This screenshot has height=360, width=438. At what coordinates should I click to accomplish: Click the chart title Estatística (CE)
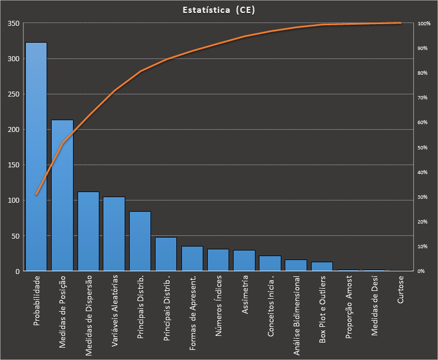coord(219,10)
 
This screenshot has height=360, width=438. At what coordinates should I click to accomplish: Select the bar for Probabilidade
coord(36,157)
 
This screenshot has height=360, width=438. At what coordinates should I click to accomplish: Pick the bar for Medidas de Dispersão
coord(88,231)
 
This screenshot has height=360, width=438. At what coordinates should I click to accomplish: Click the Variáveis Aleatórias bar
coord(114,234)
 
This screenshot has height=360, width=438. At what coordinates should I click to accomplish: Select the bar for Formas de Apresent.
coord(192,258)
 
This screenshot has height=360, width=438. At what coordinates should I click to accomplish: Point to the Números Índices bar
coord(218,260)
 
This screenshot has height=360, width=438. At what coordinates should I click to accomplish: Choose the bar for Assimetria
coord(244,261)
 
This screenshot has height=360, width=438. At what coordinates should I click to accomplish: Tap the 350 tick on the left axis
coord(13,24)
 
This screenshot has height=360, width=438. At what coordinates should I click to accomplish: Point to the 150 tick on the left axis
coord(13,165)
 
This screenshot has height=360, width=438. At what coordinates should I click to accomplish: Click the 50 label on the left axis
coord(15,236)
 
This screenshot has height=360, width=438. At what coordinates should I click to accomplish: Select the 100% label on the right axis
coord(423,24)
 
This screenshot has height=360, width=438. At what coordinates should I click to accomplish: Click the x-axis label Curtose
coord(400,290)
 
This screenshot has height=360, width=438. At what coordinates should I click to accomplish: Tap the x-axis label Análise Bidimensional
coord(296,308)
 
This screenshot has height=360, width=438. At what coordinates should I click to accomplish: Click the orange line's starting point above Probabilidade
coord(36,194)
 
